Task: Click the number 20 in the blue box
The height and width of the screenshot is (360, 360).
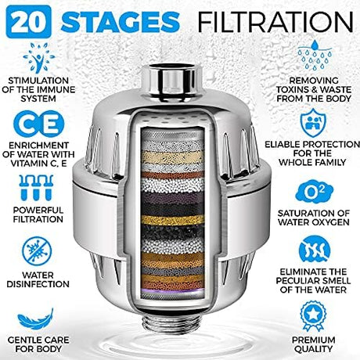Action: [29, 22]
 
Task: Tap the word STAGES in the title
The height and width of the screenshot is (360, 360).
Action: [121, 22]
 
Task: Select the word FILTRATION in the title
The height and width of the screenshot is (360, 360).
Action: [275, 22]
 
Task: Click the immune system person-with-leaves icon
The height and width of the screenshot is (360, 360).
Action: [39, 58]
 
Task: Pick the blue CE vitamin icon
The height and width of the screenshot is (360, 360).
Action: [38, 124]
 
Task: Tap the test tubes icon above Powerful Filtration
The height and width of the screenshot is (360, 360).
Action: [36, 188]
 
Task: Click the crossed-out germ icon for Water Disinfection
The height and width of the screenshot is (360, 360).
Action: [37, 251]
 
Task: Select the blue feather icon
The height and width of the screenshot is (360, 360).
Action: [35, 319]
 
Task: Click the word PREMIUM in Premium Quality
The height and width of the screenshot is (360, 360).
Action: [313, 340]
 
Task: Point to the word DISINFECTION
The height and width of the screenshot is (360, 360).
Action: [38, 284]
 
